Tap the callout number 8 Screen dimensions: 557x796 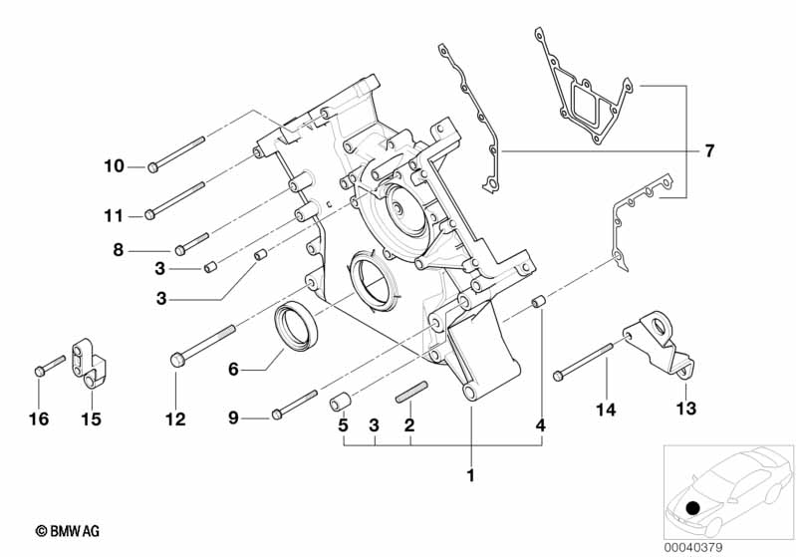click(x=119, y=251)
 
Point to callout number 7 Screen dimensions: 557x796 click(x=709, y=151)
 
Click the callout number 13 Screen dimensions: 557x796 click(x=687, y=408)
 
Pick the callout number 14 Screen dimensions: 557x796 click(x=607, y=408)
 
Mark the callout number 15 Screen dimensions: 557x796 click(x=91, y=419)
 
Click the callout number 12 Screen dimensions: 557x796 click(x=175, y=419)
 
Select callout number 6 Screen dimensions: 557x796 click(x=233, y=369)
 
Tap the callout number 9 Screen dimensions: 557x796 click(x=233, y=418)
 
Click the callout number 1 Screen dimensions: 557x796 click(x=471, y=474)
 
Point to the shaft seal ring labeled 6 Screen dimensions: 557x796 click(x=296, y=327)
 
